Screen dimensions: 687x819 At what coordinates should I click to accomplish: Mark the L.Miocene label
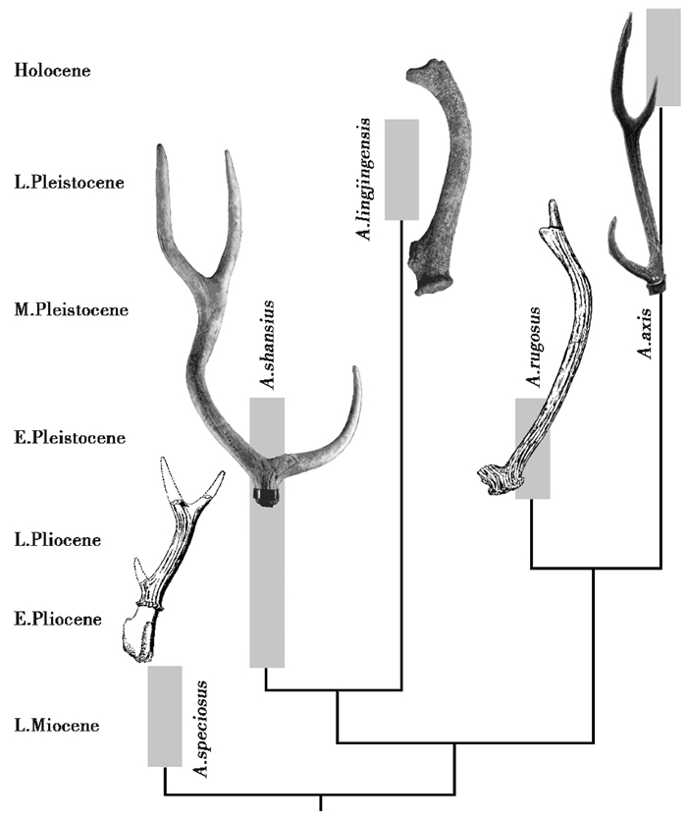[x=55, y=726]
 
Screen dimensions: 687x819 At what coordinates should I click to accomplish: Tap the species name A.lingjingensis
[x=364, y=179]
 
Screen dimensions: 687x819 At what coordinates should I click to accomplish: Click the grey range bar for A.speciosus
[x=165, y=716]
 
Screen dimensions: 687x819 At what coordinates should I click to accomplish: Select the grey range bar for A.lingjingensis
[x=401, y=169]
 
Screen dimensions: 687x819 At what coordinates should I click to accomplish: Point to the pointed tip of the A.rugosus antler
[x=555, y=208]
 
